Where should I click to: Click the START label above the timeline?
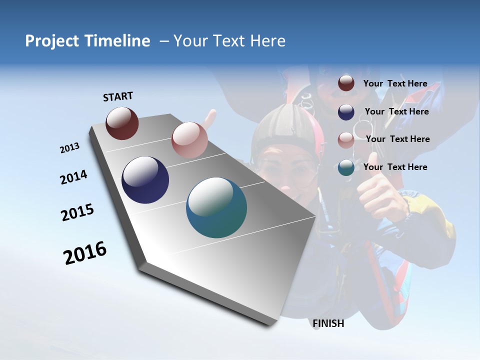point(118,96)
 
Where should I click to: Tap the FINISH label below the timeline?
point(328,323)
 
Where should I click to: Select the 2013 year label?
point(69,148)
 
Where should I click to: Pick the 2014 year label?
point(73,177)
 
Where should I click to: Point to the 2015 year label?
point(77,212)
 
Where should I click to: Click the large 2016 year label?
point(85,253)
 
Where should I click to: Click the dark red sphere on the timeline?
point(122,123)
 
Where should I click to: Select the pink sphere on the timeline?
point(189,140)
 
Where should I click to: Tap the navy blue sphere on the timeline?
point(145,180)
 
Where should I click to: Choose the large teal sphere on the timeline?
point(216,207)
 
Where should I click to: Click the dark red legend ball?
point(346,83)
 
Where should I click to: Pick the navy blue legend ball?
point(346,112)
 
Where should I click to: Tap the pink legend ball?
point(346,140)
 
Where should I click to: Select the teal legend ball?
point(346,167)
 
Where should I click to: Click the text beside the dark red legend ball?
point(395,83)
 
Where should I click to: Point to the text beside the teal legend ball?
point(395,167)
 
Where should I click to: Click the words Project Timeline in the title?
point(87,41)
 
